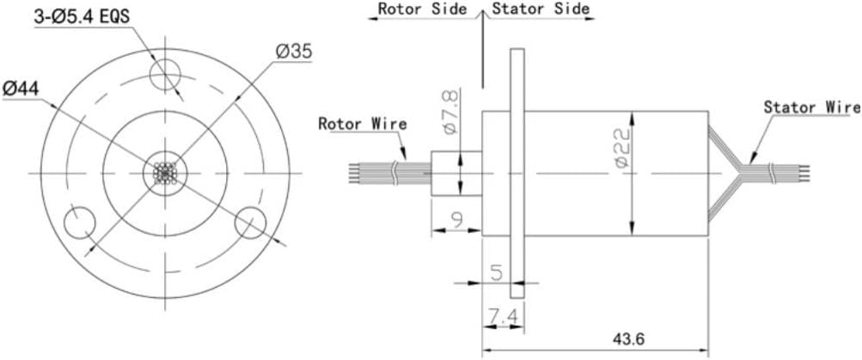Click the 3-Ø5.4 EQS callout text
pyautogui.click(x=83, y=16)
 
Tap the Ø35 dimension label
pyautogui.click(x=294, y=51)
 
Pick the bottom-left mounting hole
pyautogui.click(x=80, y=223)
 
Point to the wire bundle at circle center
pyautogui.click(x=163, y=174)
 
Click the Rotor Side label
pyautogui.click(x=422, y=9)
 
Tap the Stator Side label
pyautogui.click(x=541, y=9)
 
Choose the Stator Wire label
pyautogui.click(x=811, y=107)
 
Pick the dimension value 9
pyautogui.click(x=455, y=220)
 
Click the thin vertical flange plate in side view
pyautogui.click(x=517, y=172)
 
